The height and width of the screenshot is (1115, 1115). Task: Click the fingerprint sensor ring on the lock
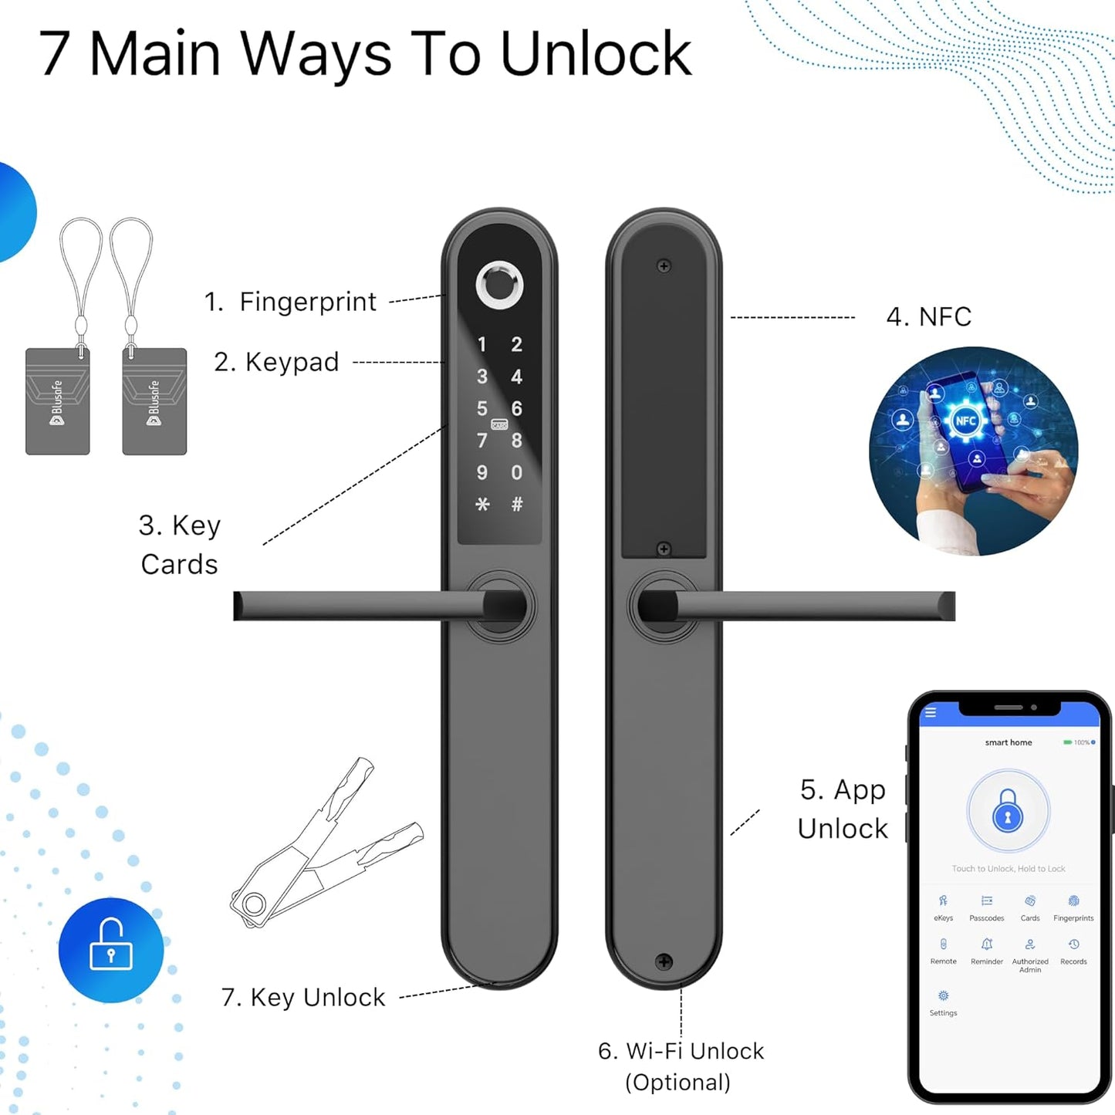click(499, 285)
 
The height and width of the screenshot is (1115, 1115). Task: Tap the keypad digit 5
click(481, 408)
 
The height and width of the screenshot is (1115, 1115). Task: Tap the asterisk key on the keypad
click(482, 505)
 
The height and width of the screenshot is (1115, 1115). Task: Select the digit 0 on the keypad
click(516, 472)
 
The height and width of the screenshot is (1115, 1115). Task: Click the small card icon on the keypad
click(499, 424)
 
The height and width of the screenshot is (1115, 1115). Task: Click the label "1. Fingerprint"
click(290, 302)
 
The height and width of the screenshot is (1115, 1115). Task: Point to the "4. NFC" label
click(928, 317)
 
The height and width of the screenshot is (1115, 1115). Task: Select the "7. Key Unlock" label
click(302, 998)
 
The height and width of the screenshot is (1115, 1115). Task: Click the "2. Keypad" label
click(276, 362)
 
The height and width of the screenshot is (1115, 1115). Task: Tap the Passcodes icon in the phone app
click(986, 901)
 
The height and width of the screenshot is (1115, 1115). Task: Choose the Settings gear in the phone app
click(943, 996)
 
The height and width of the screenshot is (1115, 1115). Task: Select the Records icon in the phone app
click(1073, 944)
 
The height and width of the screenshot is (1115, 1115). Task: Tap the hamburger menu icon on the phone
click(931, 712)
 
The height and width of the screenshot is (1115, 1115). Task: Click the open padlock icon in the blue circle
click(111, 950)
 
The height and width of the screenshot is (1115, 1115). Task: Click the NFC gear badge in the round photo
click(965, 421)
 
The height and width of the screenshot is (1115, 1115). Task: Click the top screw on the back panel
click(664, 266)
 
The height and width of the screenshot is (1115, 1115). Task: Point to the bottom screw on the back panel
click(664, 961)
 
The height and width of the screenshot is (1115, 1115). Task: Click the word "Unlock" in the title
click(596, 54)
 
